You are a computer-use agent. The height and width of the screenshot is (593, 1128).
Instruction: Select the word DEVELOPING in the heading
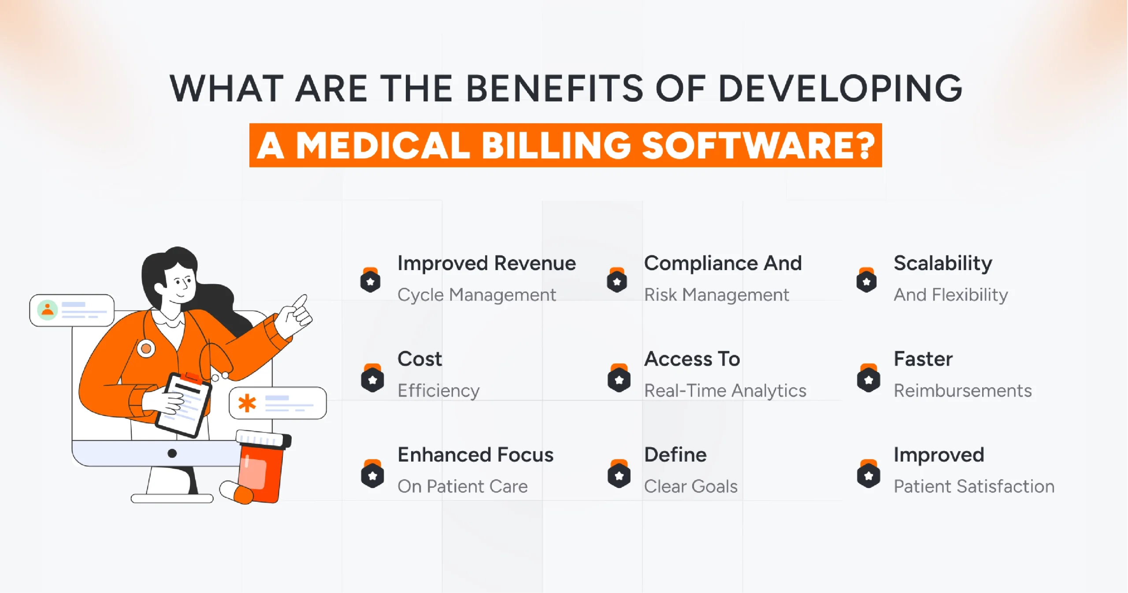click(840, 89)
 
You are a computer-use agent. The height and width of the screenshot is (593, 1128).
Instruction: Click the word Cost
click(419, 359)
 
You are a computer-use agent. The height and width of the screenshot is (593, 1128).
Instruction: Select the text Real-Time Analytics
click(725, 391)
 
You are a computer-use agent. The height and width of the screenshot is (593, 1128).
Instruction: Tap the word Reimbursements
click(962, 391)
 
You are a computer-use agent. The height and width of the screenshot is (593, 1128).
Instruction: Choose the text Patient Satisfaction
click(974, 486)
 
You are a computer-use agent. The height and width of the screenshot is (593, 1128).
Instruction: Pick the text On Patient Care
click(462, 486)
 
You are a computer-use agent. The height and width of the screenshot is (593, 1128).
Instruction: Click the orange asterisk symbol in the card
click(247, 403)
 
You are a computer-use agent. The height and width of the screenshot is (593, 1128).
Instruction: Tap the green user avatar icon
click(47, 310)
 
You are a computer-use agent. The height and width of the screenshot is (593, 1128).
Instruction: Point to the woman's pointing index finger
click(301, 302)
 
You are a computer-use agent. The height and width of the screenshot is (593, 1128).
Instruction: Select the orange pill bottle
click(262, 469)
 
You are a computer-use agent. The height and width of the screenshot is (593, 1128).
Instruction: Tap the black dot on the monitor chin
click(172, 453)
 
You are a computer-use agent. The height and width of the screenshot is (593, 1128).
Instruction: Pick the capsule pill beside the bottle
click(236, 492)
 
